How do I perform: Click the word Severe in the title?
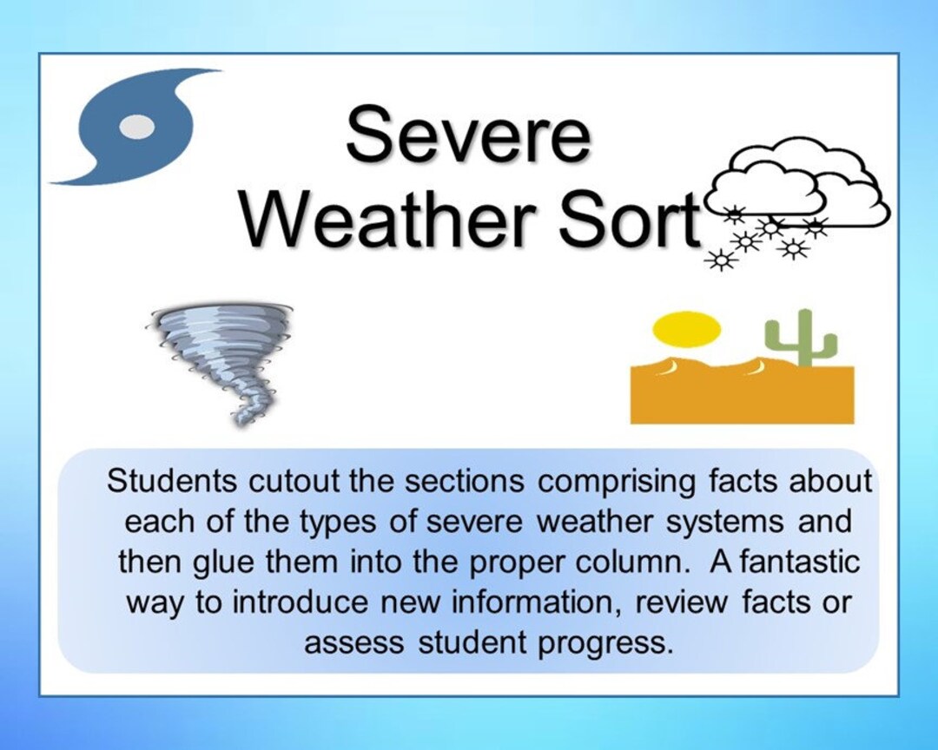tap(468, 136)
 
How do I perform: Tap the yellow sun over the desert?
tap(687, 329)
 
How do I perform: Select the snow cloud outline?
tap(799, 187)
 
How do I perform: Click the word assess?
tap(353, 643)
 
